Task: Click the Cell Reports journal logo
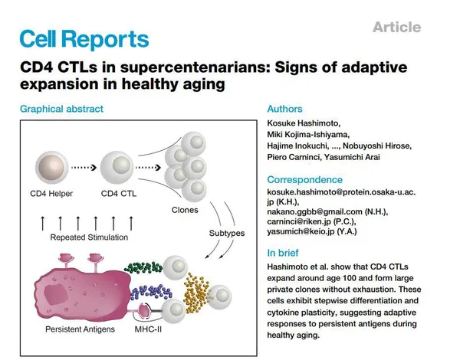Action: [x=84, y=39]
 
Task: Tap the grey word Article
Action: [x=397, y=28]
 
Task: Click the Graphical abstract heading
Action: [x=61, y=109]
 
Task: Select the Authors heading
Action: [x=284, y=109]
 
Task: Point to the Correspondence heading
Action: [x=305, y=179]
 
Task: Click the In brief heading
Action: [x=283, y=253]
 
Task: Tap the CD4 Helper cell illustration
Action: [x=51, y=168]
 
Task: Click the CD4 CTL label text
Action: [x=119, y=194]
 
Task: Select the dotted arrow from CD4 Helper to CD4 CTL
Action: [x=84, y=168]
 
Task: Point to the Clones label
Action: [x=185, y=210]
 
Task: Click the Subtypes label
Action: [x=227, y=233]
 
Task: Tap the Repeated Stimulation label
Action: [x=89, y=237]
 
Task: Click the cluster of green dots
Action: [x=143, y=267]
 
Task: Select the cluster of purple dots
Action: [x=151, y=292]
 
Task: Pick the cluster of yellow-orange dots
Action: [x=197, y=293]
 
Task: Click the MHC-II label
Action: [x=148, y=329]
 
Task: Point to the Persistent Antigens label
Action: [x=80, y=329]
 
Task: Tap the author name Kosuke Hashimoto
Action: [x=303, y=123]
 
